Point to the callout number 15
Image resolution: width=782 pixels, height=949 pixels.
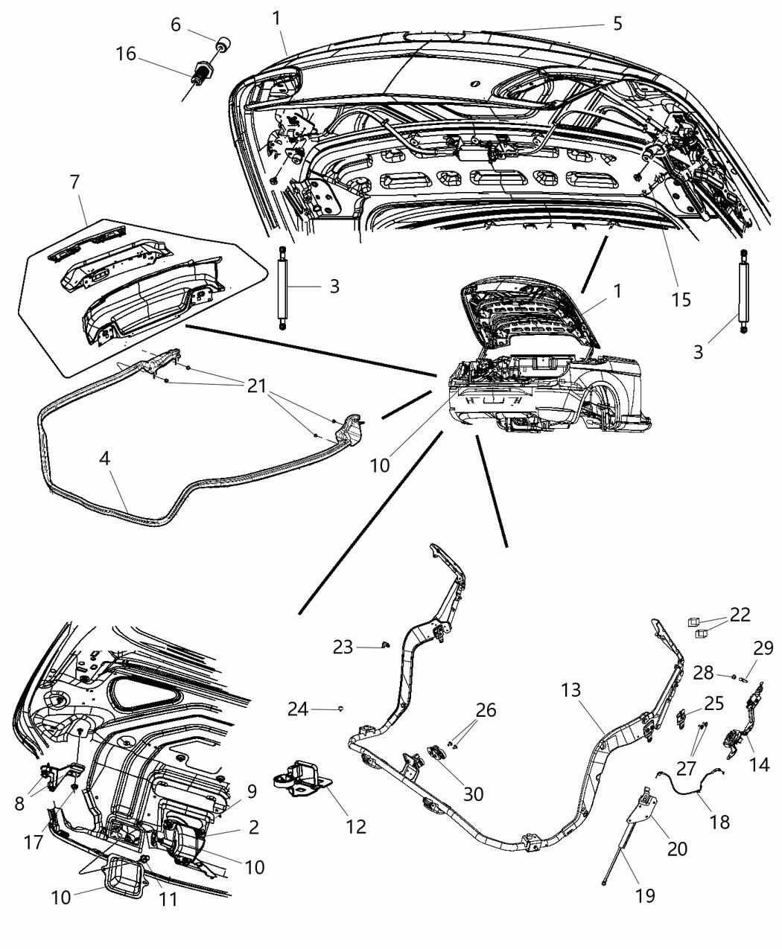click(x=681, y=299)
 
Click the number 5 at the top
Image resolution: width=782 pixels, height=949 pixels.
click(x=617, y=23)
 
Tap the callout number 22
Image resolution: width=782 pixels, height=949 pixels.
click(x=740, y=615)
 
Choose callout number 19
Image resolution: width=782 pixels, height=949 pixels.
click(x=645, y=895)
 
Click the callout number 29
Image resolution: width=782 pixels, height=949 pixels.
click(x=763, y=648)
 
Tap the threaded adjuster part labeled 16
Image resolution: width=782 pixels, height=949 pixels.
click(x=202, y=73)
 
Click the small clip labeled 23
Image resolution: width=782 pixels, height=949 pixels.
click(x=385, y=644)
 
